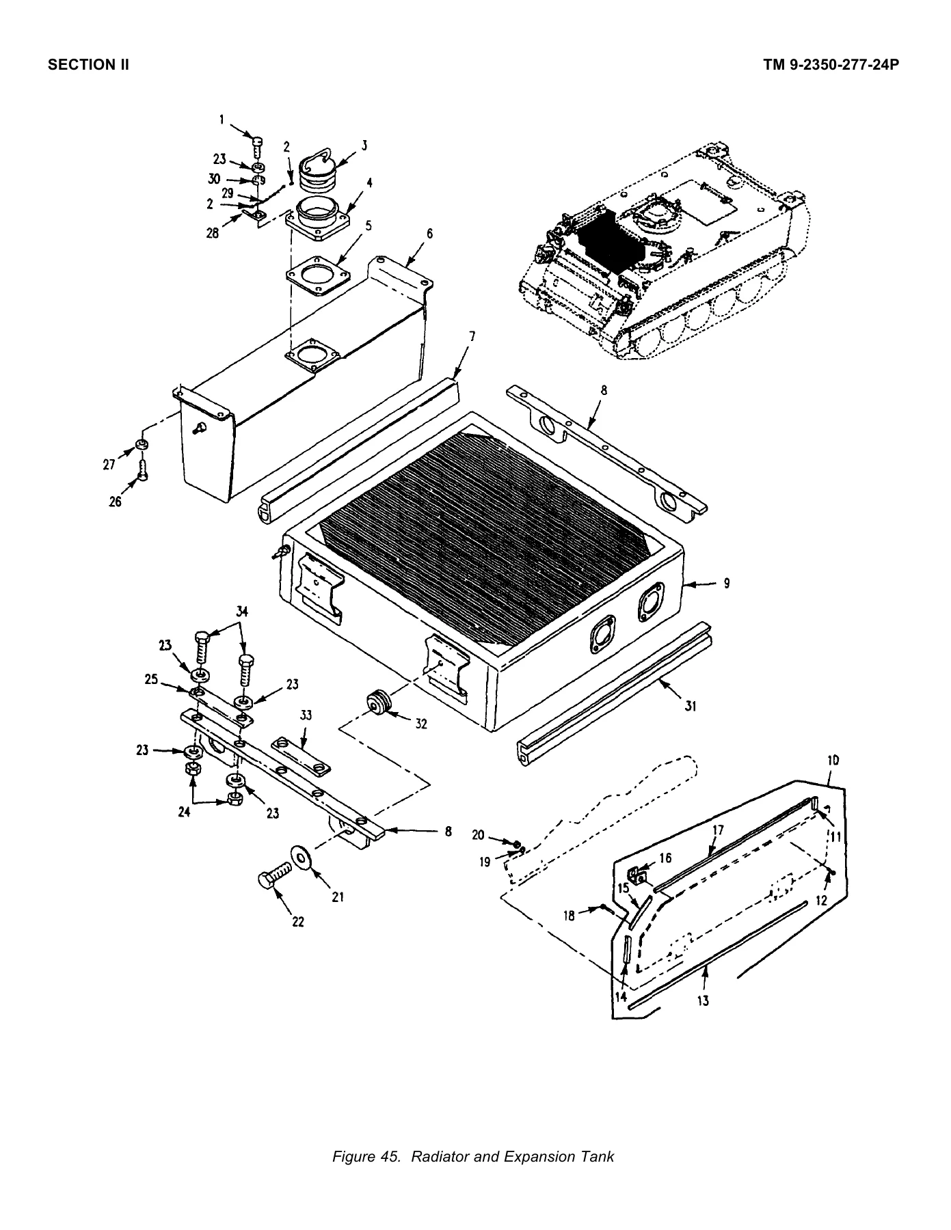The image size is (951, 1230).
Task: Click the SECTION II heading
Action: coord(88,66)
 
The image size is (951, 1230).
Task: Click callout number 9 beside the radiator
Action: coord(727,583)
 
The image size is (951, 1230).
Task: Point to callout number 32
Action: coord(421,724)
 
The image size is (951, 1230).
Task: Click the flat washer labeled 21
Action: coord(300,857)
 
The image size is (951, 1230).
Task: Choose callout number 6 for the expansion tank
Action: coord(429,234)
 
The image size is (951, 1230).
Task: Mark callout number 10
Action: coord(833,761)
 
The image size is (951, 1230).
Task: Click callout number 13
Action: coord(703,1001)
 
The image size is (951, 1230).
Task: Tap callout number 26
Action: coord(115,502)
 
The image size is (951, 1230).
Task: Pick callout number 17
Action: coord(718,830)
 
